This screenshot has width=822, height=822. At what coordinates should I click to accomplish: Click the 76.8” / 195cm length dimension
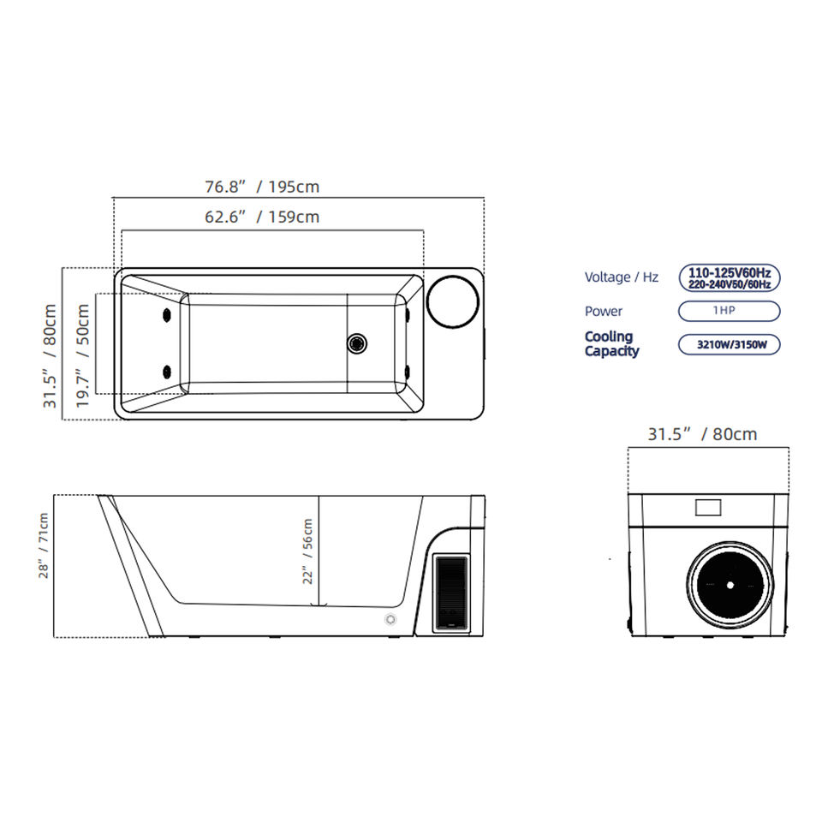261,187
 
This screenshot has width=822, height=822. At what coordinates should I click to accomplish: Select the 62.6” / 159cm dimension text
261,217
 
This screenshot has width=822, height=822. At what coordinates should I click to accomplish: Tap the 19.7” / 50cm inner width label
83,355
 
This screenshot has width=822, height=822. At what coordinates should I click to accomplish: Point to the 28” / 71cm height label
44,546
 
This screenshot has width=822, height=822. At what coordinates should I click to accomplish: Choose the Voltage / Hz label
622,277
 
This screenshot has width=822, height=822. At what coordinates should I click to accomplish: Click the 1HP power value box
729,311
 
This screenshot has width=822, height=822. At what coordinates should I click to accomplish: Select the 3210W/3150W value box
729,345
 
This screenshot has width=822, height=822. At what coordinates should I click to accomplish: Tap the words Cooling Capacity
611,344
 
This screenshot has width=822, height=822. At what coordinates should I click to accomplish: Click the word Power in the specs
604,312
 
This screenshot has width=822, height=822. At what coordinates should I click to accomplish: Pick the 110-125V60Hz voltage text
729,272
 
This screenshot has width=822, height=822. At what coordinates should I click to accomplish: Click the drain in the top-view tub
357,343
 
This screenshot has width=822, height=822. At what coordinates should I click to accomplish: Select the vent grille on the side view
450,591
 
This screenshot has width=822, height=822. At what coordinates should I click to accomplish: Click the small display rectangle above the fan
709,507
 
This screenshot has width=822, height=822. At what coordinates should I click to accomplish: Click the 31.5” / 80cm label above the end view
702,434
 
